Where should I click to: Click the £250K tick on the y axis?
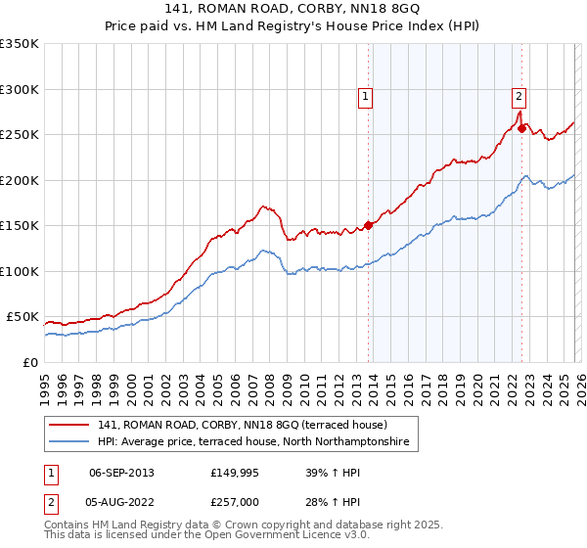coord(20,135)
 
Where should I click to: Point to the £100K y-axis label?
coord(20,271)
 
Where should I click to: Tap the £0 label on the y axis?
coord(31,362)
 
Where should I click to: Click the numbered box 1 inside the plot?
coord(365,96)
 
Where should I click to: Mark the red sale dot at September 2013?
coord(369,225)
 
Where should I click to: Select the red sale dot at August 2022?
coord(522,128)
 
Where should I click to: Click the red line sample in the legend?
coord(70,425)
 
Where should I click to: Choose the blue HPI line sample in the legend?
coord(70,443)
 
